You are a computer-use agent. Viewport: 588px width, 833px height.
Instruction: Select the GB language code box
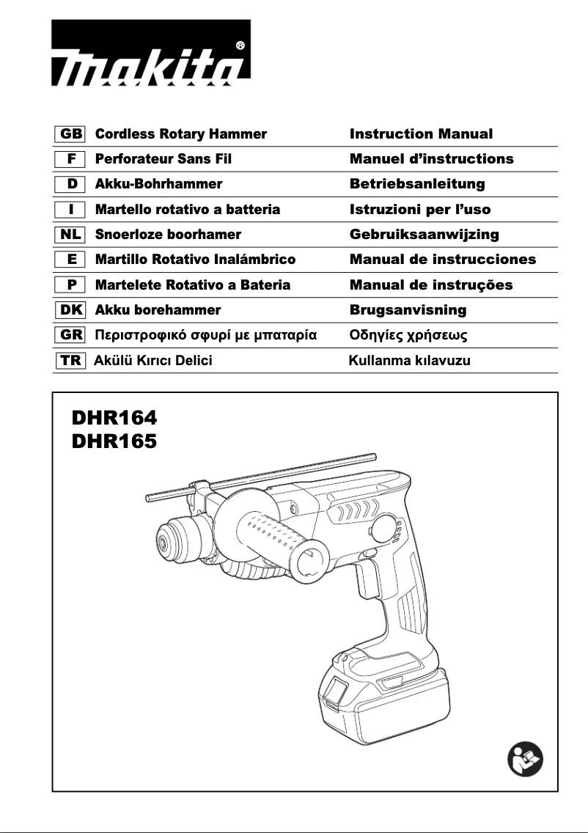point(70,134)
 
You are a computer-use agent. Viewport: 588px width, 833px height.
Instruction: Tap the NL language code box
point(70,235)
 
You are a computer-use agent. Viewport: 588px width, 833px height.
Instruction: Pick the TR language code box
point(70,361)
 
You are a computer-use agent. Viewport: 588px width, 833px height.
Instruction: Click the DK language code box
point(70,310)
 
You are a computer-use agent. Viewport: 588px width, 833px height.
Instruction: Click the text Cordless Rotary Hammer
point(181,134)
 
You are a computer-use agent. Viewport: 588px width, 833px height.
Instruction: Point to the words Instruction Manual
point(421,134)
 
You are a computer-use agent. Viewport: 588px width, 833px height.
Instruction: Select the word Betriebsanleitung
point(417,184)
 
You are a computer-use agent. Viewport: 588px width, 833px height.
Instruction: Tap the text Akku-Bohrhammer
point(158,184)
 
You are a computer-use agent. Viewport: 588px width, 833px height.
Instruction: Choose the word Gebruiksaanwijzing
point(424,235)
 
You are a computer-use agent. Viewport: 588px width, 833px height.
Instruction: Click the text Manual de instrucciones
point(442,260)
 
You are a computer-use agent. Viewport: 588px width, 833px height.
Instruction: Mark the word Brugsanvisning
point(408,310)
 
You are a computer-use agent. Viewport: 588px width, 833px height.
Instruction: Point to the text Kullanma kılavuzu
point(409,361)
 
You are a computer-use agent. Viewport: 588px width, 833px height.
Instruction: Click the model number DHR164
point(114,419)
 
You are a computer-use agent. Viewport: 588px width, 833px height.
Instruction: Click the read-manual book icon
point(525,760)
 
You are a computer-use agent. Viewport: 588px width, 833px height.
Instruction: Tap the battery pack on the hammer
point(381,697)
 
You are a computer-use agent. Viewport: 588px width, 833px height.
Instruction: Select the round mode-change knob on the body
point(386,529)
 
